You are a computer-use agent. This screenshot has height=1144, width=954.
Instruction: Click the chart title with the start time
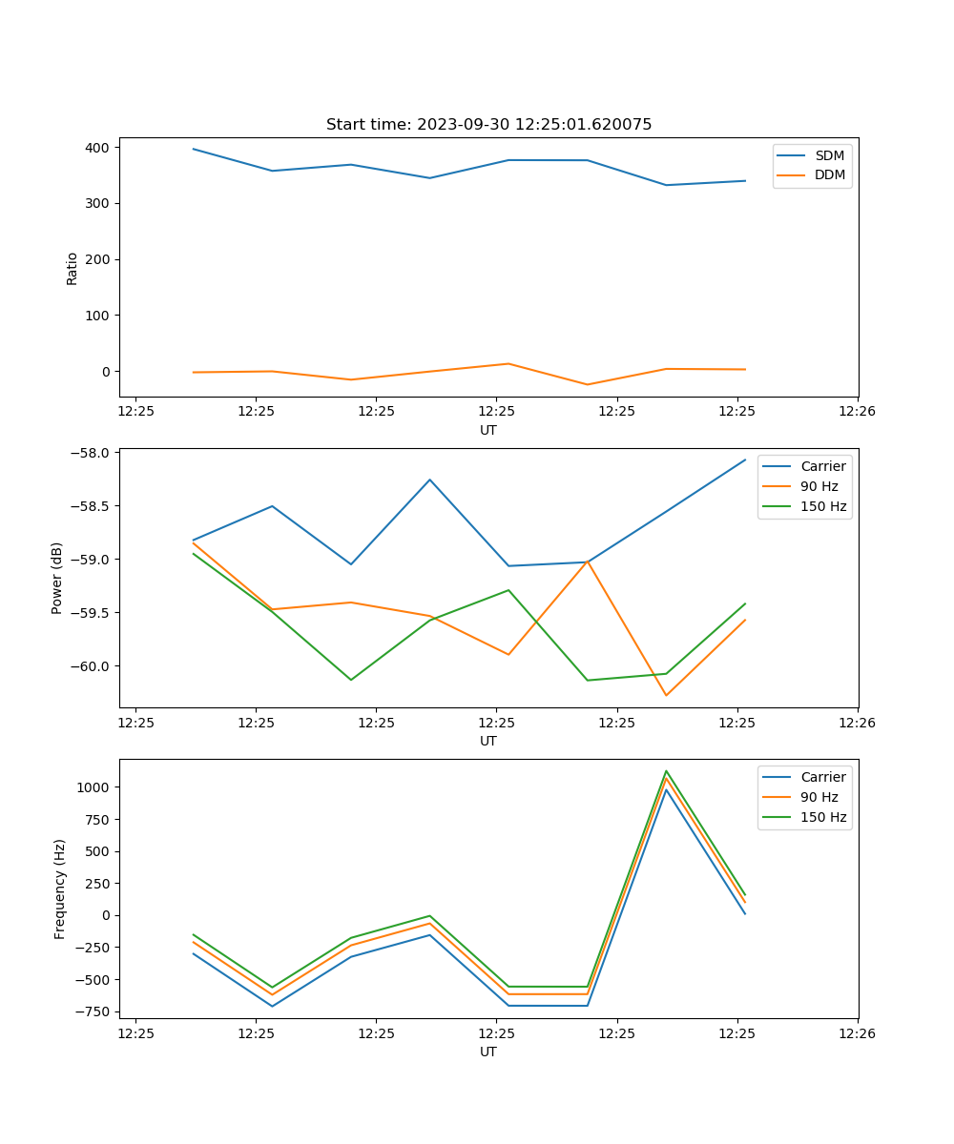tap(488, 125)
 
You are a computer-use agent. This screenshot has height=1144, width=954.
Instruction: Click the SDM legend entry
tap(829, 155)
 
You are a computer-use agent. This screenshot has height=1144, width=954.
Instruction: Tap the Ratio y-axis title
tap(73, 268)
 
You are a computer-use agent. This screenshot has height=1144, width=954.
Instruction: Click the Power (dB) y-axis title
tap(57, 578)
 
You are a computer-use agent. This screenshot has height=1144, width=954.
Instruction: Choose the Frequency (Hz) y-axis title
tap(59, 889)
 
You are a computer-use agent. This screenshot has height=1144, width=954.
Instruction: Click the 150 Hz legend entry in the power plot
tap(823, 506)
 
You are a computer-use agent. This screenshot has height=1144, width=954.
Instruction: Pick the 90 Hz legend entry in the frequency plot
tap(819, 797)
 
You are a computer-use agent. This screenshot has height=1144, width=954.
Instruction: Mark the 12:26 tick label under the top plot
tap(857, 411)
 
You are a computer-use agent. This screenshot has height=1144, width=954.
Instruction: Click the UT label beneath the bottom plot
tap(488, 1052)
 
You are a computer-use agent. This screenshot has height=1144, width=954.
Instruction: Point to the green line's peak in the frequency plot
tap(666, 771)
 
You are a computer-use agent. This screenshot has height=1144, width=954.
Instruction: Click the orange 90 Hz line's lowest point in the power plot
tap(666, 695)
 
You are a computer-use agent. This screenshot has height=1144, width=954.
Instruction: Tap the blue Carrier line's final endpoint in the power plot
tap(745, 460)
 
